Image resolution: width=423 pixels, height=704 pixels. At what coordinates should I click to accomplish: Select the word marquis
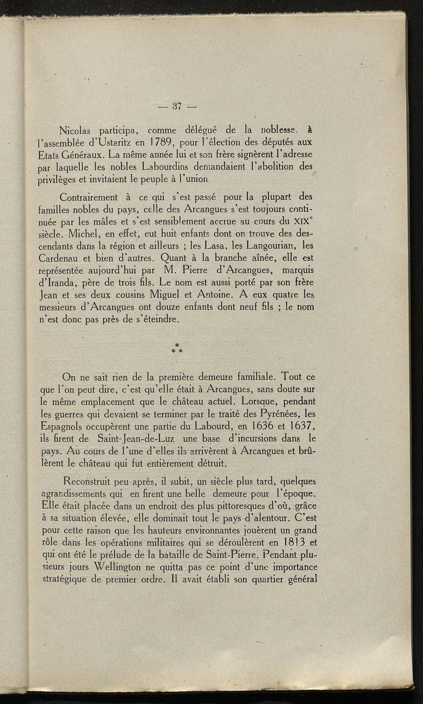(x=296, y=271)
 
